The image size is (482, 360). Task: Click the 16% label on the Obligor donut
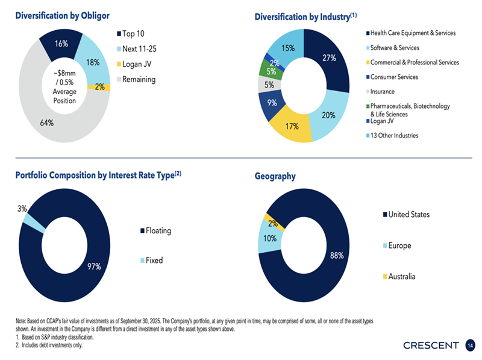pos(61,43)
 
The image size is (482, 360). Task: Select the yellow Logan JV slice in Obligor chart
pos(98,87)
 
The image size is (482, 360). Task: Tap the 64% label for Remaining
pos(46,122)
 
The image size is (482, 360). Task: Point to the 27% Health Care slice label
pos(329,58)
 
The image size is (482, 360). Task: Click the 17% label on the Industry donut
pos(292,127)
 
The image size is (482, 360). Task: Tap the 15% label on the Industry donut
pos(288,48)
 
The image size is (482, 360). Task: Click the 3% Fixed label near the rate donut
pos(22,209)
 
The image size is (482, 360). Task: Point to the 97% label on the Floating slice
pos(94,266)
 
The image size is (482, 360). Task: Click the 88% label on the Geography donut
pos(337,256)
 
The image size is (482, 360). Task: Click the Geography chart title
pos(275,176)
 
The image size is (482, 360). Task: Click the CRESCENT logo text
pos(431,346)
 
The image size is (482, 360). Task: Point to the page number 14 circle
pos(470,346)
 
